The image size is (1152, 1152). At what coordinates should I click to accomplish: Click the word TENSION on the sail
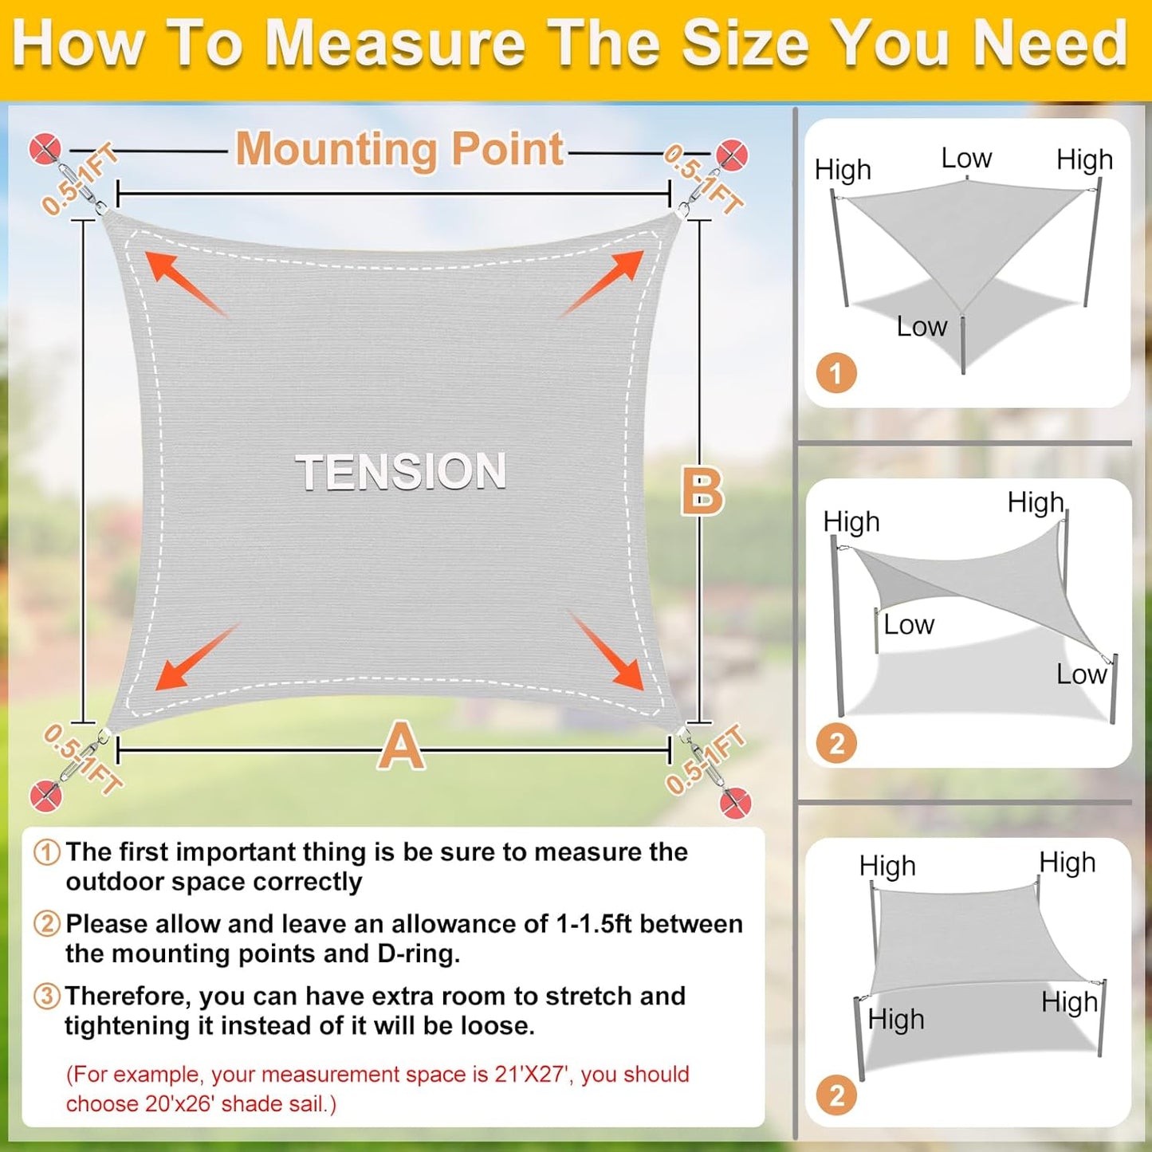[401, 471]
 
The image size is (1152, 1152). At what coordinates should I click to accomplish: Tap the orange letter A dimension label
[401, 746]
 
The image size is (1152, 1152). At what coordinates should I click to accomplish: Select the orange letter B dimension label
[702, 491]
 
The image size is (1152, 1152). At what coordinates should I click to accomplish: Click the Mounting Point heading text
[399, 149]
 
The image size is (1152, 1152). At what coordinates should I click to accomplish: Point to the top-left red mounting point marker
[45, 149]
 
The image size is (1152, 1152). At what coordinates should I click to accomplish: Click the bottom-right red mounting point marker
[735, 802]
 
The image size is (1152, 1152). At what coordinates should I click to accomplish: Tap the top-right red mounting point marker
[731, 155]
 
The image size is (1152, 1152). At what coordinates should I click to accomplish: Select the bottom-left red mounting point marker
[45, 796]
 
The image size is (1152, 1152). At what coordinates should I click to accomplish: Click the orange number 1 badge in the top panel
[835, 373]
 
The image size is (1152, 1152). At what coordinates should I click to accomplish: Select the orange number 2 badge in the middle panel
[836, 743]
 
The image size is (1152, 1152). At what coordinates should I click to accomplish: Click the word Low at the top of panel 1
[966, 158]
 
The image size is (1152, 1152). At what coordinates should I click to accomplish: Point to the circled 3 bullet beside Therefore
[47, 996]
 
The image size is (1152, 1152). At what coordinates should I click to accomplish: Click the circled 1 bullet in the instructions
[47, 852]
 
